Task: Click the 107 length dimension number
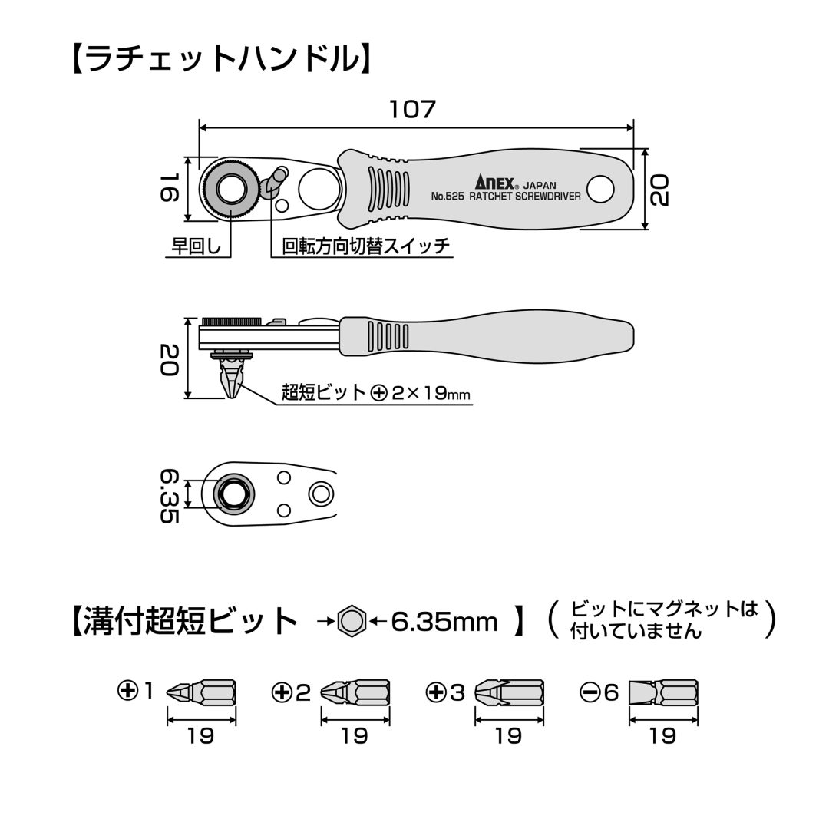(x=412, y=110)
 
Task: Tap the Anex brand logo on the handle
(x=494, y=183)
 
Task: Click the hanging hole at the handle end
(x=600, y=189)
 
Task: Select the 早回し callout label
(x=197, y=246)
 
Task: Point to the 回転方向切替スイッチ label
(x=366, y=246)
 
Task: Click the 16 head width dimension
(x=169, y=188)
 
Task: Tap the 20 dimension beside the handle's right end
(x=660, y=190)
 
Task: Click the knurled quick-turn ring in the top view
(x=230, y=188)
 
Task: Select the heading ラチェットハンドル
(x=222, y=58)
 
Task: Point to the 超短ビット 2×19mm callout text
(x=376, y=393)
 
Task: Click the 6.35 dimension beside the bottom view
(x=169, y=495)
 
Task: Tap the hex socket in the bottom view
(x=233, y=494)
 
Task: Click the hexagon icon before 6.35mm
(x=352, y=622)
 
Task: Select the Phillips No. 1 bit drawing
(x=201, y=692)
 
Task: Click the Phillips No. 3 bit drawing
(x=509, y=692)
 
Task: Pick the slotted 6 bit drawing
(x=663, y=692)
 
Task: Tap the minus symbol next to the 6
(x=590, y=692)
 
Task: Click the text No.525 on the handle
(x=448, y=197)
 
